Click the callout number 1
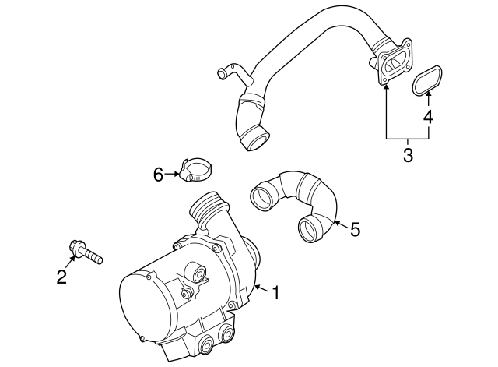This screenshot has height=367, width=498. click(x=274, y=294)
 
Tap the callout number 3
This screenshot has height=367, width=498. click(x=408, y=155)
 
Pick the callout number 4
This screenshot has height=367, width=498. click(x=427, y=118)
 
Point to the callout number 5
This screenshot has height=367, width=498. click(x=355, y=229)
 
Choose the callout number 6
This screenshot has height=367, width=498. click(x=158, y=175)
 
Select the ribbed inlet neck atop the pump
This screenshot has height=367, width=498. click(x=211, y=207)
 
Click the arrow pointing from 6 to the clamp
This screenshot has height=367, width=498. click(x=172, y=175)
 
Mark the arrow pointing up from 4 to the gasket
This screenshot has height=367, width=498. click(x=427, y=101)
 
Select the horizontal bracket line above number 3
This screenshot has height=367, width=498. click(x=408, y=137)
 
